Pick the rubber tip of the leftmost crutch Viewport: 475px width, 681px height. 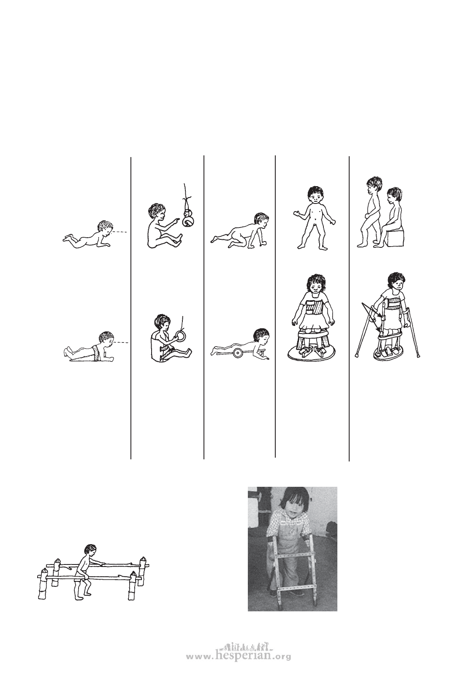click(x=357, y=355)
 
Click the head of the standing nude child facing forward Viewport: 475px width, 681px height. click(x=315, y=195)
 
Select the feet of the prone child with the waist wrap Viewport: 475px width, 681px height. click(x=68, y=353)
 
